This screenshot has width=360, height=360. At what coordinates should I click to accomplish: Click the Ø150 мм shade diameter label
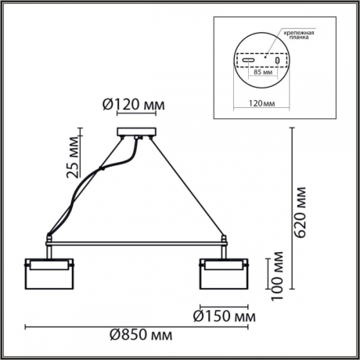coord(225,317)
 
